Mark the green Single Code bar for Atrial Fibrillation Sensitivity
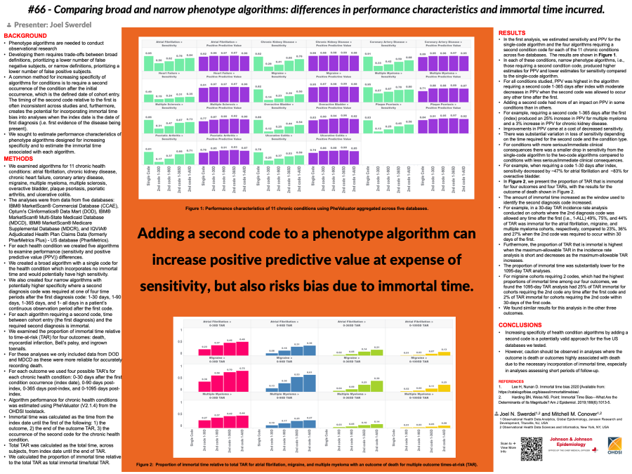pos(148,62)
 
